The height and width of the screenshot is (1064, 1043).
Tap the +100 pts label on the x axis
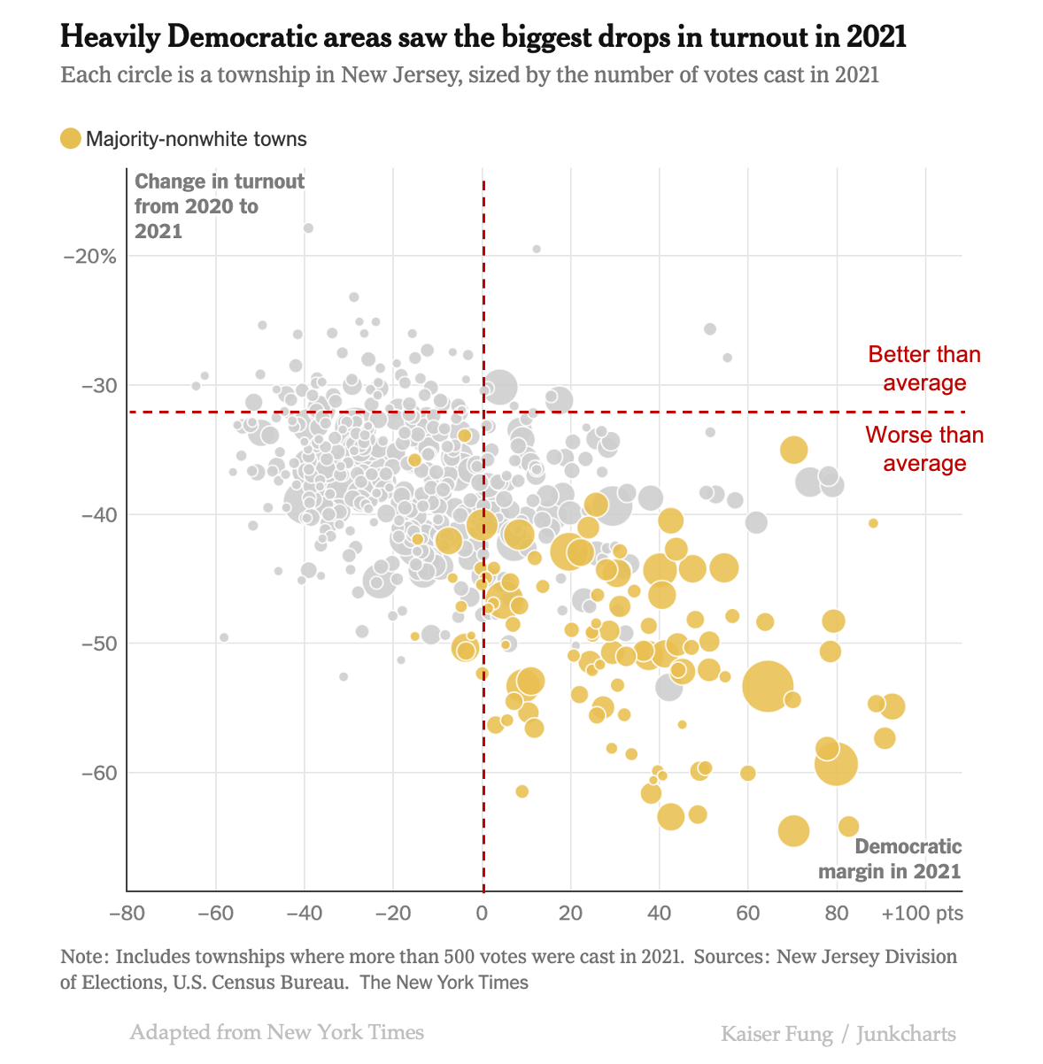click(922, 913)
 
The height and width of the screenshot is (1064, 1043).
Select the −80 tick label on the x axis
click(127, 913)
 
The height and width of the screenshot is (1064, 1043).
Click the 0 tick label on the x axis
click(483, 913)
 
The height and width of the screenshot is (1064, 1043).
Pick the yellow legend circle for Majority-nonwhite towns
click(71, 139)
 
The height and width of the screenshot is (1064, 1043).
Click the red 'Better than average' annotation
click(923, 368)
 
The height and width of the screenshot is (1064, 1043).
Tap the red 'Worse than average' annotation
click(923, 449)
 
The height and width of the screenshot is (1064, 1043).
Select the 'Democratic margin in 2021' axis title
click(889, 859)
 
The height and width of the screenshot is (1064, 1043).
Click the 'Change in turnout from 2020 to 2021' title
click(219, 206)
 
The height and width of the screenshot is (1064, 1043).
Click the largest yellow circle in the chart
click(768, 685)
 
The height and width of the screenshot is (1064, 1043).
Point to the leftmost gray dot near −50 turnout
click(224, 637)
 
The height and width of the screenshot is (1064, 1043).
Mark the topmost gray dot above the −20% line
click(308, 228)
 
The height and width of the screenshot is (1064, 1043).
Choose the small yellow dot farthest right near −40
click(873, 523)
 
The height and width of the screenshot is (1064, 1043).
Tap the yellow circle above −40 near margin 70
click(794, 450)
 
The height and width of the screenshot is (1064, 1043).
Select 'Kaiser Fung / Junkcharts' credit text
click(838, 1034)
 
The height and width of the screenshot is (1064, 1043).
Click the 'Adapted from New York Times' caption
click(276, 1032)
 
